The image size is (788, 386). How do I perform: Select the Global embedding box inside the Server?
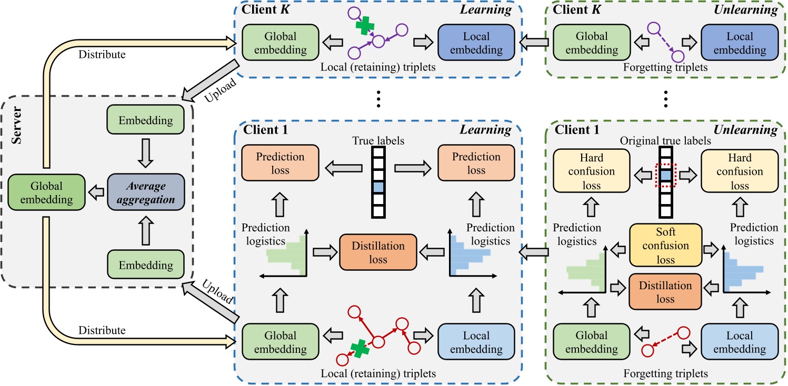click(x=46, y=193)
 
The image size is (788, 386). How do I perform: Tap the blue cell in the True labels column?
click(x=378, y=187)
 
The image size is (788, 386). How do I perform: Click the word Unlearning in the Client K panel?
click(x=744, y=9)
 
